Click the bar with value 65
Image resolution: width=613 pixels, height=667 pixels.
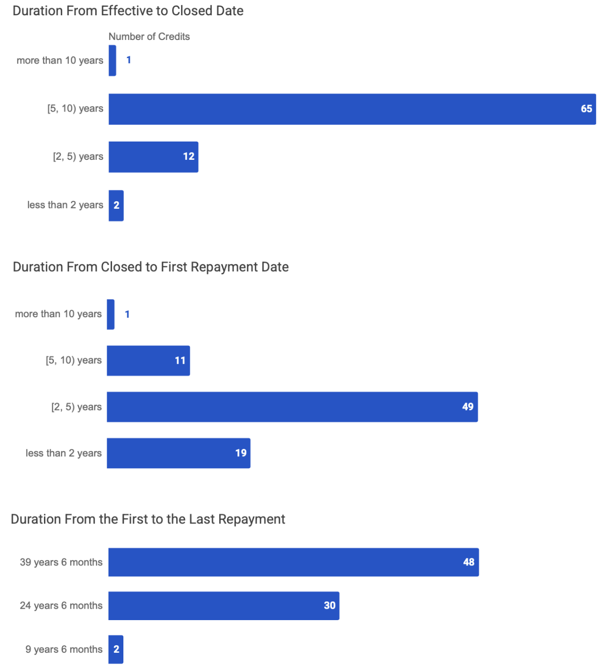[x=352, y=109]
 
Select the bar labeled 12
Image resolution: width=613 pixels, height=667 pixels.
[x=153, y=157]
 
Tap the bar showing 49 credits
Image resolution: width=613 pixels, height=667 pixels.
[x=292, y=407]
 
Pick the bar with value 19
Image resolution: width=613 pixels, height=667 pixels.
[x=178, y=453]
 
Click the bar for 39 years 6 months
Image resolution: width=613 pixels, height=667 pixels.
[x=293, y=562]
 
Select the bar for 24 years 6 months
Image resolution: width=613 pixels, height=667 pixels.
[x=224, y=605]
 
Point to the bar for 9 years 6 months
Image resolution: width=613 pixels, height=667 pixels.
[x=115, y=649]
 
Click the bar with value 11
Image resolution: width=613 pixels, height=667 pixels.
[x=148, y=361]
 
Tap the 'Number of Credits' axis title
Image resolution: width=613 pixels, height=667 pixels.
[x=149, y=37]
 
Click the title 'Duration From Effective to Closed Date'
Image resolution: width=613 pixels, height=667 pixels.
[x=128, y=11]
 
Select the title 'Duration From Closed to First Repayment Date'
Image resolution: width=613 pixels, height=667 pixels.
[x=151, y=267]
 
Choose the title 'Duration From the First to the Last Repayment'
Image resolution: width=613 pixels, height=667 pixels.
[x=148, y=519]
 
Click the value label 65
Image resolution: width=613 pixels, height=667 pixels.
[x=586, y=109]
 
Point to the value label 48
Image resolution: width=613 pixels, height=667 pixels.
[x=468, y=562]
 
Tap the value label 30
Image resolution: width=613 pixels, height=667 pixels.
[x=329, y=605]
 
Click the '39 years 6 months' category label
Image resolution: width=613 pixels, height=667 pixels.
[x=61, y=562]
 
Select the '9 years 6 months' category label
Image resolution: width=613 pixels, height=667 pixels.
[x=64, y=650]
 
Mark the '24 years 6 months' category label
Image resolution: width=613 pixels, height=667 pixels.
[x=61, y=606]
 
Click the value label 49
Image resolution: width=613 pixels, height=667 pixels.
[x=467, y=407]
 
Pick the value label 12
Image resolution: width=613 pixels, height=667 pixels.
[x=189, y=157]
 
